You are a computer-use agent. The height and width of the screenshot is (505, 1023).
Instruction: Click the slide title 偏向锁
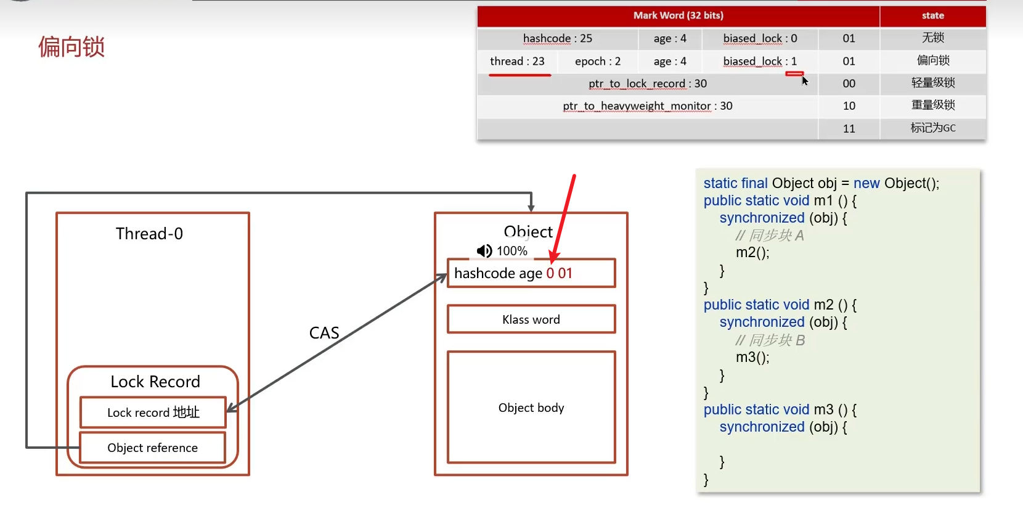[71, 47]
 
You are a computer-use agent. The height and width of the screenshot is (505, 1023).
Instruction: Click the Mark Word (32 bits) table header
[678, 15]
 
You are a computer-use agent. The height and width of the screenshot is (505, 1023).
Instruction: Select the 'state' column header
[932, 15]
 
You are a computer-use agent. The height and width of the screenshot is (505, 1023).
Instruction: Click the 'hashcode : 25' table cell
[557, 38]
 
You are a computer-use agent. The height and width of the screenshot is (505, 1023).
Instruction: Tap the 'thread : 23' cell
[517, 61]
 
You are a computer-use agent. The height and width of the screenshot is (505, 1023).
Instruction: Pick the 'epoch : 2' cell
[597, 61]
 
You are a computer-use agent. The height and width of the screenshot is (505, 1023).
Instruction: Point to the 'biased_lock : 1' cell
[760, 61]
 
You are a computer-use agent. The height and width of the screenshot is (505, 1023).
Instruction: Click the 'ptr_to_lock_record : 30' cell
[647, 83]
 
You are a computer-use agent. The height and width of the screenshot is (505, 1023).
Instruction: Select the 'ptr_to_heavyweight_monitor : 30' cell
[647, 106]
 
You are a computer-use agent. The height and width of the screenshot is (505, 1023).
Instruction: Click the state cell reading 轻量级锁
[932, 83]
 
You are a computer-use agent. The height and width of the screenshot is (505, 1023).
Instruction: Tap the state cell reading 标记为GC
[932, 128]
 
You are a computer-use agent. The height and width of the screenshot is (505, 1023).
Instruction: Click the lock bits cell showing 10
[849, 106]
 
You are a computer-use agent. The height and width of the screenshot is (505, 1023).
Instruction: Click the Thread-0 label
[149, 234]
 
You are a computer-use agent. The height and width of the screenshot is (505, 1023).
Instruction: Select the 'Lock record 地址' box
[153, 413]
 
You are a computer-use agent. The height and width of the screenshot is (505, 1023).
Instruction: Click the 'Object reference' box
[152, 448]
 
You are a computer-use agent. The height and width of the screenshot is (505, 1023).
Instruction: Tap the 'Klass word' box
[531, 319]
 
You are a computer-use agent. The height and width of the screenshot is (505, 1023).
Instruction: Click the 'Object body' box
[531, 408]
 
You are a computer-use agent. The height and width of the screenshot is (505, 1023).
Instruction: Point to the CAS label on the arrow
[324, 333]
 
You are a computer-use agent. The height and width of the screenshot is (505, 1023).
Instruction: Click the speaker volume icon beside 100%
[484, 251]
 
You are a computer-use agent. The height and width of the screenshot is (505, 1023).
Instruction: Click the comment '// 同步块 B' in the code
[770, 340]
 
